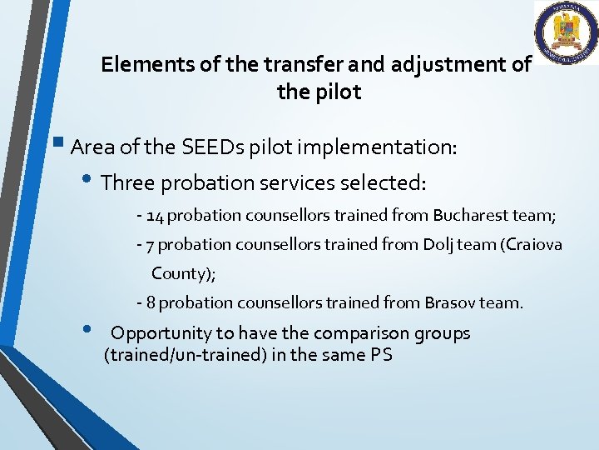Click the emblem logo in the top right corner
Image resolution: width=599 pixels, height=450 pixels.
566,32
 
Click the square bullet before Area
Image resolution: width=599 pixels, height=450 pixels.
62,147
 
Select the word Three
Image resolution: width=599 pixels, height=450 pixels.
126,182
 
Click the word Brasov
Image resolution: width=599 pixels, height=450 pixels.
449,302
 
